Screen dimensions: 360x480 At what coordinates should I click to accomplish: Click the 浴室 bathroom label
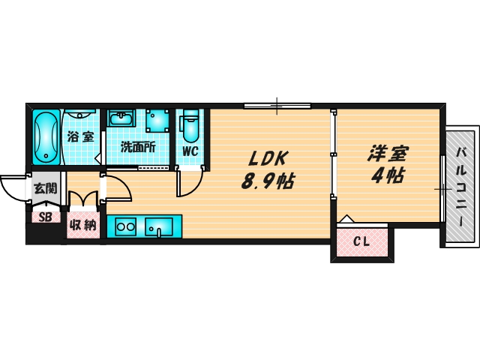point(80,137)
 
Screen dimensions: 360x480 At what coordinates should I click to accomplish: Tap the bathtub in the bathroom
point(46,136)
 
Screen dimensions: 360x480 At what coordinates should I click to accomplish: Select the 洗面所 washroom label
point(138,148)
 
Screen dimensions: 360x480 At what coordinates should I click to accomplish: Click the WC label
point(190,151)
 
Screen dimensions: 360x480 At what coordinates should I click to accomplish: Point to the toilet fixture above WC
point(190,125)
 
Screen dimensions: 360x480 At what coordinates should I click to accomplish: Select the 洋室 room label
point(387,154)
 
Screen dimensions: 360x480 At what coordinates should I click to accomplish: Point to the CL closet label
point(361,241)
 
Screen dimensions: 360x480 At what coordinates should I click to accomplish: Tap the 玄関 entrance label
point(45,187)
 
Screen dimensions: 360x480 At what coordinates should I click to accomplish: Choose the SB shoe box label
point(44,217)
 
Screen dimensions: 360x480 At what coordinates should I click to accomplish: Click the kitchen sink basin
point(159,226)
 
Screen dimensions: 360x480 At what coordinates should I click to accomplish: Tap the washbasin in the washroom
point(121,120)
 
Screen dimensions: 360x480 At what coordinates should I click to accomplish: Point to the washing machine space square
point(157,121)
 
